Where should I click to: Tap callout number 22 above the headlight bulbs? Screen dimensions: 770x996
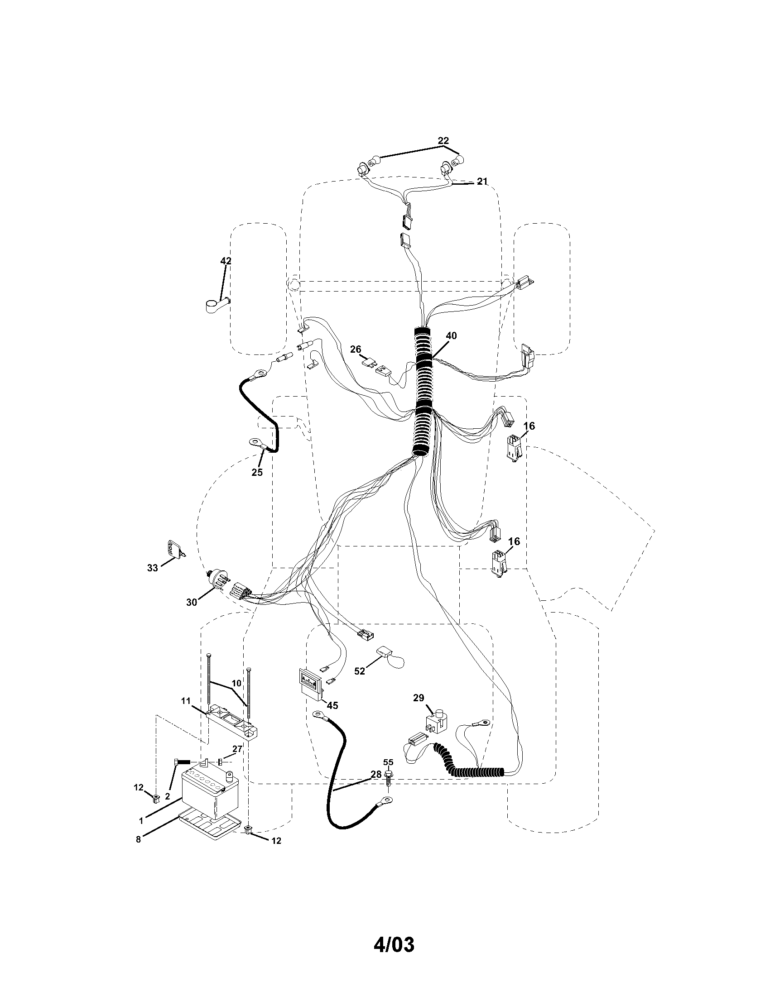click(443, 140)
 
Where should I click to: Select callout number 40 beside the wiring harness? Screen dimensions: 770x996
click(451, 335)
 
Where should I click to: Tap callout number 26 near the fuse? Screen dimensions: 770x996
click(356, 350)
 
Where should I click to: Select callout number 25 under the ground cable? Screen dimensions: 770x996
click(257, 473)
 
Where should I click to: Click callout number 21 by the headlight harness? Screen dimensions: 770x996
click(482, 182)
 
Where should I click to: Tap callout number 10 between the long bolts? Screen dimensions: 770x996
click(236, 684)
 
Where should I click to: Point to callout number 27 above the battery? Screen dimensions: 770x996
click(237, 748)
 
